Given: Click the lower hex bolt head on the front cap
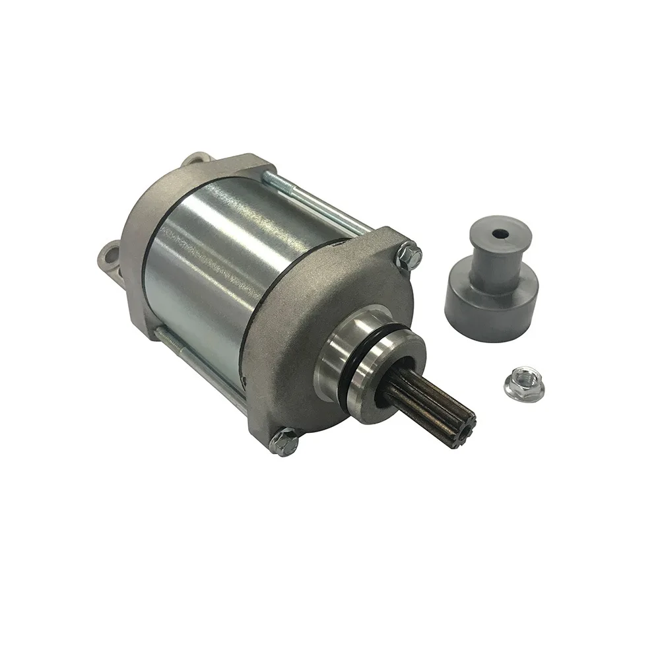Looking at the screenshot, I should (284, 442).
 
